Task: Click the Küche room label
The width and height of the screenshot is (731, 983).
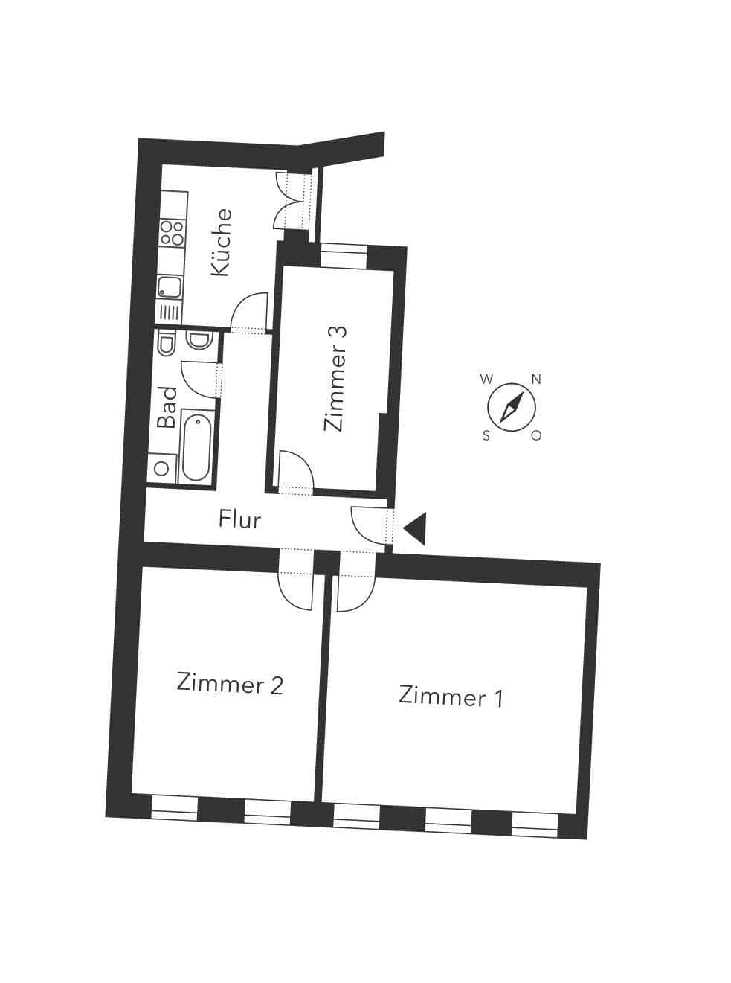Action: point(221,243)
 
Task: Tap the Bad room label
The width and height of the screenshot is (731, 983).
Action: point(167,406)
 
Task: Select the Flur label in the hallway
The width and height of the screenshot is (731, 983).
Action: point(239,519)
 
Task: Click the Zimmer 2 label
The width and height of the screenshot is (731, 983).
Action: point(230,683)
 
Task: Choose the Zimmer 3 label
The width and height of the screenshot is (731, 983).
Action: point(335,379)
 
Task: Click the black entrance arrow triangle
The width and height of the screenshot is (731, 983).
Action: point(415,529)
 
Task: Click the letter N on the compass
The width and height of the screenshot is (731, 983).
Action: point(536,380)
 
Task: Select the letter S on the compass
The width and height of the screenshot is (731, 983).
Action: point(486,436)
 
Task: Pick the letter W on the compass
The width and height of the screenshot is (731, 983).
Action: point(486,379)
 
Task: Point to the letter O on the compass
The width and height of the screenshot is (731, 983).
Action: point(536,435)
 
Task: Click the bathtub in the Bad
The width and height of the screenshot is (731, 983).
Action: point(196,447)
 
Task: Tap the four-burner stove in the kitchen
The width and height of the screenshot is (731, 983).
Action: point(172,233)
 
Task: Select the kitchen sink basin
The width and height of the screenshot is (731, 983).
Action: point(168,287)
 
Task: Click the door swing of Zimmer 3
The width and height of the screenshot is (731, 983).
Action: point(295,470)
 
